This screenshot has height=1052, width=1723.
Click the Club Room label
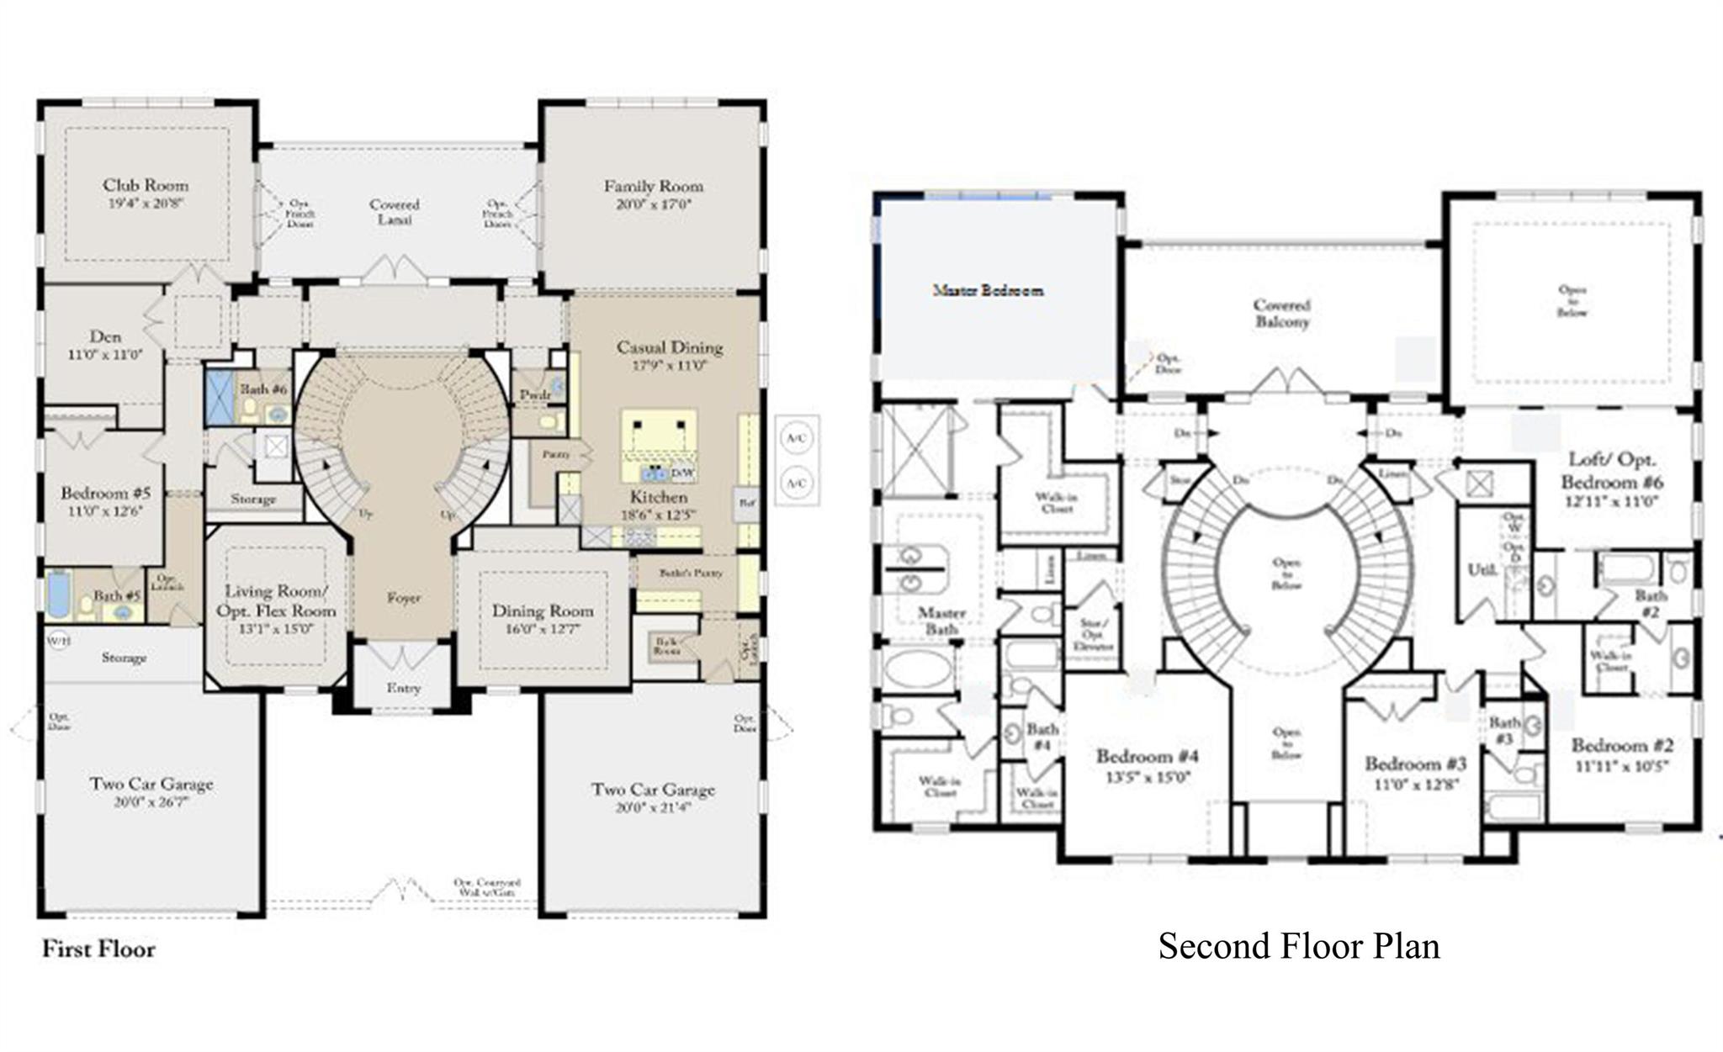point(146,185)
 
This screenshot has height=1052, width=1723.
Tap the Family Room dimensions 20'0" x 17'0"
point(653,204)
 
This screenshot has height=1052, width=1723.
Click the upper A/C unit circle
point(796,438)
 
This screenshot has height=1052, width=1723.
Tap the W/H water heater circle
point(58,641)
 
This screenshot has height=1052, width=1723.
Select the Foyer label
point(404,598)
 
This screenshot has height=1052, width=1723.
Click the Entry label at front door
point(404,688)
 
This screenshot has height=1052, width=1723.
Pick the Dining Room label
point(543,611)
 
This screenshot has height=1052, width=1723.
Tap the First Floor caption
point(98,949)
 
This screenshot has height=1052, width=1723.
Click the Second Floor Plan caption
point(1298,946)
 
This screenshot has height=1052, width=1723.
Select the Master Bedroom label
point(989,290)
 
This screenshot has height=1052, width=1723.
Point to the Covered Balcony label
point(1282,313)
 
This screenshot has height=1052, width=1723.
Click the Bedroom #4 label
point(1148,756)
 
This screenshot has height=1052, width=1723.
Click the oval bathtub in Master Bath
point(916,669)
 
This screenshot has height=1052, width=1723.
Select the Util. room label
point(1482,569)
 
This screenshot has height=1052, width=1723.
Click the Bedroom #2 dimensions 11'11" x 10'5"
point(1621,766)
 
